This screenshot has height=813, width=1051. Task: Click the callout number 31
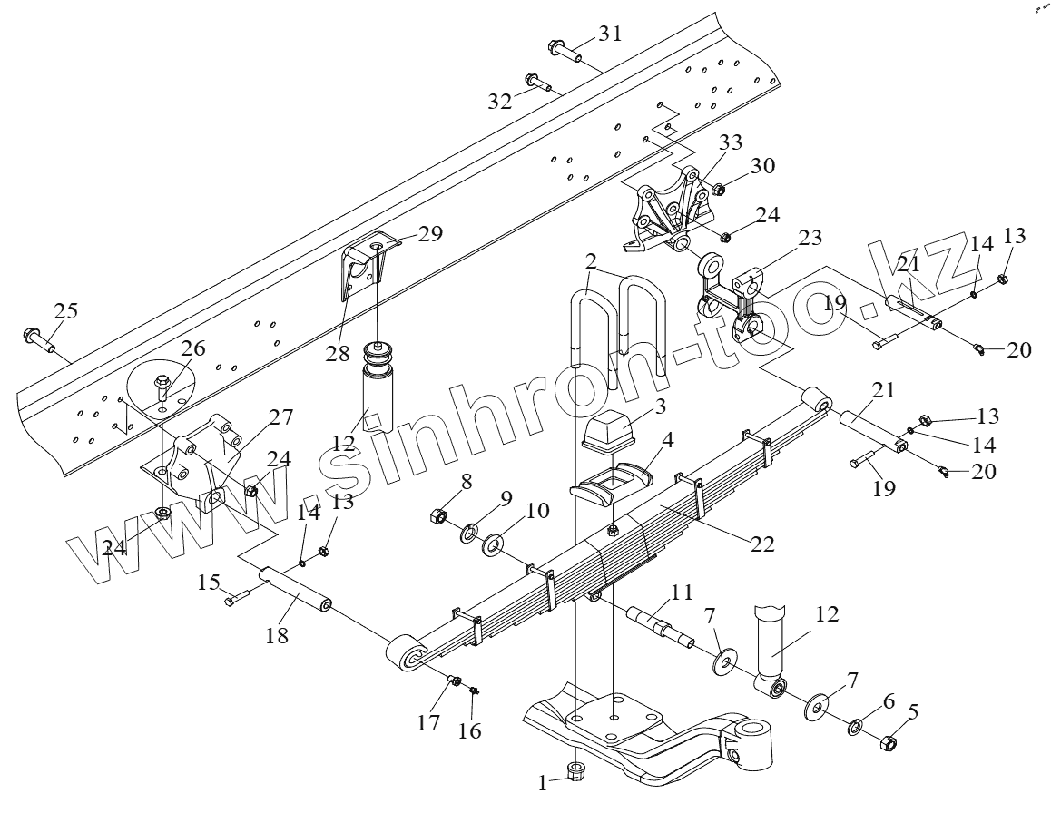tap(610, 34)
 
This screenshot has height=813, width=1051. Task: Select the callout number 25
tap(64, 310)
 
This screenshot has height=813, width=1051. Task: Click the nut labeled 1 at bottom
tap(575, 772)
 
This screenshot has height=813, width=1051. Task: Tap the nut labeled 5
tap(888, 744)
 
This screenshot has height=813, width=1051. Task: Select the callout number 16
tap(470, 730)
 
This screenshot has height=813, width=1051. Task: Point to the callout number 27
tap(280, 418)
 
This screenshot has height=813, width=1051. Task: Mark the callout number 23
tap(810, 239)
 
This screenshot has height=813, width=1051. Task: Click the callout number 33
tap(732, 142)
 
